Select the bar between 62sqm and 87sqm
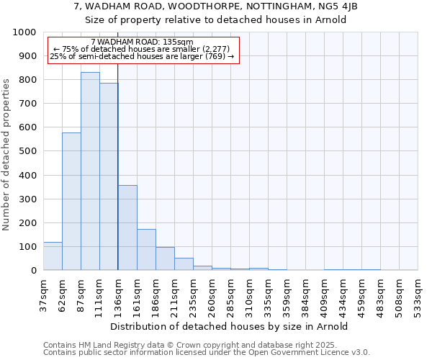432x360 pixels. (71, 202)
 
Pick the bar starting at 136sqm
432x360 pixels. (127, 228)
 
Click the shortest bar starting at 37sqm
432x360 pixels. (53, 256)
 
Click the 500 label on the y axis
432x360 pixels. (27, 151)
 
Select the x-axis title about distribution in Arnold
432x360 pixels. (230, 326)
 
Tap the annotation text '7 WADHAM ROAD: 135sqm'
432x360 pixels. (143, 42)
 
